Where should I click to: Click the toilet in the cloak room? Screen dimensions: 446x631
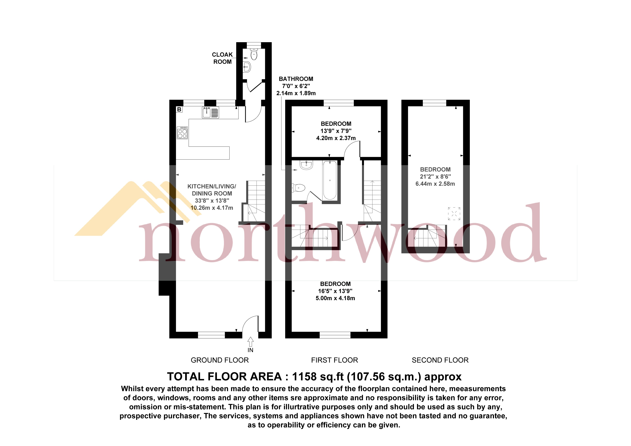click(x=254, y=54)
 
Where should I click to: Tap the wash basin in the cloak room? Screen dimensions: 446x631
click(x=247, y=67)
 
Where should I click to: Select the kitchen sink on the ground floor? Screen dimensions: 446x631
click(x=211, y=112)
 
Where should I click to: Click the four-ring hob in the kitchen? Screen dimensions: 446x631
click(x=182, y=133)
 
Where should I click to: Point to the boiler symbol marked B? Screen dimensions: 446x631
click(x=179, y=109)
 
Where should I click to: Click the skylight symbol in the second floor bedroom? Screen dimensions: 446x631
click(x=454, y=213)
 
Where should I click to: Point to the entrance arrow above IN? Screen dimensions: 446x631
click(x=250, y=342)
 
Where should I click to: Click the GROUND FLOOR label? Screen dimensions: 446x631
click(x=220, y=360)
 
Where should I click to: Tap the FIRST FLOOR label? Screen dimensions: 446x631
click(x=334, y=360)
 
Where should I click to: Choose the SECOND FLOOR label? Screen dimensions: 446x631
click(x=440, y=360)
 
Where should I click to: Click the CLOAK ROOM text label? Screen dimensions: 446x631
click(x=222, y=58)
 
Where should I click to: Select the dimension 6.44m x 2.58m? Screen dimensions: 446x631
click(x=435, y=184)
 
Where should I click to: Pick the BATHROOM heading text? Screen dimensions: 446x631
click(x=296, y=79)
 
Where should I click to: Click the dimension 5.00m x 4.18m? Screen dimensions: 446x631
click(x=335, y=298)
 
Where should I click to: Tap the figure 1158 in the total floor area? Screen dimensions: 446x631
click(x=304, y=376)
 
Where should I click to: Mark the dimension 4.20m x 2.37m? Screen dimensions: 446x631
click(x=336, y=138)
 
